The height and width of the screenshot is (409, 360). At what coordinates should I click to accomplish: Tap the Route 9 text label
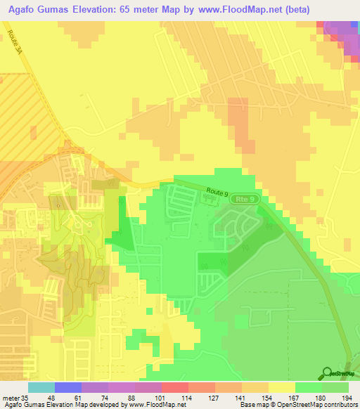[x=219, y=191]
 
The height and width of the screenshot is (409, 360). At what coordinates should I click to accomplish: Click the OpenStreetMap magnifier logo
[x=327, y=372]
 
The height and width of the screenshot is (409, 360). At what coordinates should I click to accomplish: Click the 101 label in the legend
[x=161, y=398]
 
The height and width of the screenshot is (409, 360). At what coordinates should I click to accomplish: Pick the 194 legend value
[x=347, y=398]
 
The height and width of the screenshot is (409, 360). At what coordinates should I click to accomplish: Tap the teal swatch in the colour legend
[x=41, y=387]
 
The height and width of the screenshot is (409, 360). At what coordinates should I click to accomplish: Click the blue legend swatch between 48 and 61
[x=67, y=387]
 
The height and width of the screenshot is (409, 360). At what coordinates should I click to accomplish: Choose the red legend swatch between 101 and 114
[x=174, y=387]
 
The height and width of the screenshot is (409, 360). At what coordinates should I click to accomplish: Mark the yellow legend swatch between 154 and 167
[x=281, y=387]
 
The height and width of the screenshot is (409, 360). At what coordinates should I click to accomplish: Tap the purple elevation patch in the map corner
[x=342, y=32]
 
